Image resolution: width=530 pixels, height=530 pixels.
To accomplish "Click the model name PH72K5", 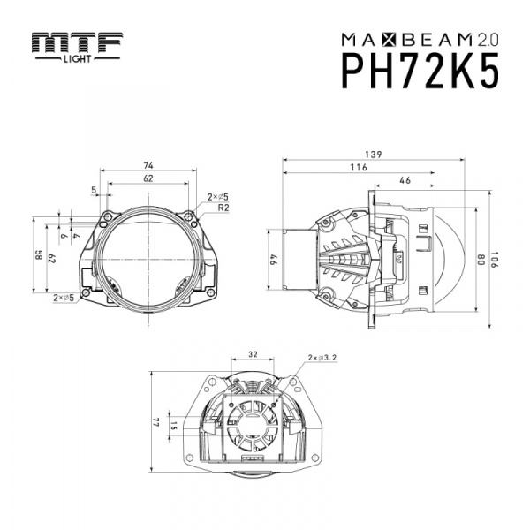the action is click(420, 71).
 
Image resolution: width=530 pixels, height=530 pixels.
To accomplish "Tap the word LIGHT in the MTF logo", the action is click(78, 59).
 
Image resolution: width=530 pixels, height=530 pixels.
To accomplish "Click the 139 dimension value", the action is click(373, 155).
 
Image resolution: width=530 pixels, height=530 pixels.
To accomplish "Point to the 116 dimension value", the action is click(359, 167).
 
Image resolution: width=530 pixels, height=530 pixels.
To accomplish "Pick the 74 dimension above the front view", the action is click(148, 165).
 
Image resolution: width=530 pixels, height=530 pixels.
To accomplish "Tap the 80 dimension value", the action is click(481, 259).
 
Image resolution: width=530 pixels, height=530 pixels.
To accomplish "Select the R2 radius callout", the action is click(223, 208).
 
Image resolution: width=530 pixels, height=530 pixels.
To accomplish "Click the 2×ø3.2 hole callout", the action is click(322, 358).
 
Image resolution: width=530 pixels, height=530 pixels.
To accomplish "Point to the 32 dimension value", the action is click(253, 354).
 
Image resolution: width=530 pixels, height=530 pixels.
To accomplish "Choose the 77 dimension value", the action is click(155, 423).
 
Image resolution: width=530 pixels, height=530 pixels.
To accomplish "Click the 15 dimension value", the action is click(173, 426).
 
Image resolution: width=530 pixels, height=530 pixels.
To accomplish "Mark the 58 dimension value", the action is click(38, 255).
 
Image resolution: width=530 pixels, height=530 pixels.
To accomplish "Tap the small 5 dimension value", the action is click(94, 190).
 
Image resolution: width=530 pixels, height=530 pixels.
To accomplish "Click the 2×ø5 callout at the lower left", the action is click(64, 298).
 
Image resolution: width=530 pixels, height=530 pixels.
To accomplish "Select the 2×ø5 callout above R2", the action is click(218, 197).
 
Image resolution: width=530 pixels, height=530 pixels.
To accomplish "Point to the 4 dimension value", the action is click(76, 235).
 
